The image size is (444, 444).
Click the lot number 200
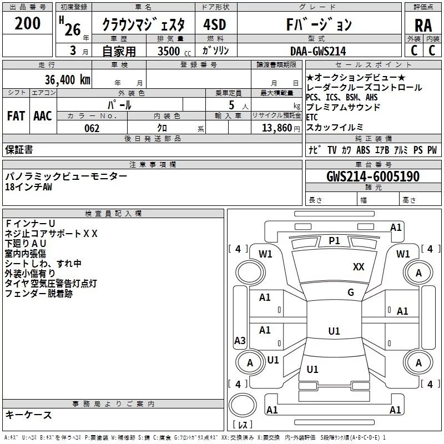point(28,24)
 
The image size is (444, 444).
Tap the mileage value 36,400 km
point(68,80)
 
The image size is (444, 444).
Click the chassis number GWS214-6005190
point(372,176)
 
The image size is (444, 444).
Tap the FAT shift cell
point(16,116)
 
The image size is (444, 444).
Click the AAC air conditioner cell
point(42,116)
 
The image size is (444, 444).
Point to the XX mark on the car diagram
point(359,267)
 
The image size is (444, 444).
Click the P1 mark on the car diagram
point(334,240)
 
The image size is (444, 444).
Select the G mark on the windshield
point(350,292)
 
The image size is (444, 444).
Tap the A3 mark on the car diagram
point(240,340)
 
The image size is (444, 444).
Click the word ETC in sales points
point(313,117)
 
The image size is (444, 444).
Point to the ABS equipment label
point(363,150)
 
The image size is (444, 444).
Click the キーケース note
point(28,415)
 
